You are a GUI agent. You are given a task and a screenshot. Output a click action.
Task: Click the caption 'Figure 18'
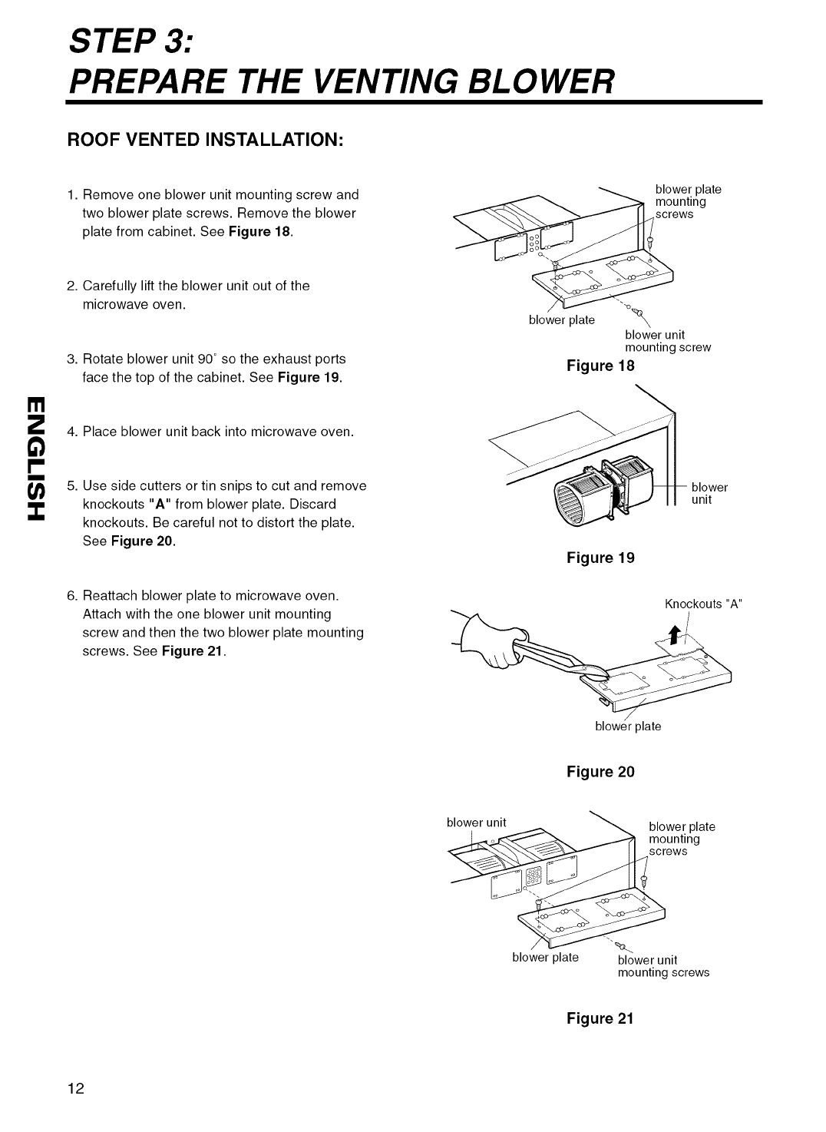[600, 366]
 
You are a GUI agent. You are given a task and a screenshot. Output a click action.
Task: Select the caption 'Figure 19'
[600, 558]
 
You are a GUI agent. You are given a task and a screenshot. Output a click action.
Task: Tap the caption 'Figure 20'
[600, 772]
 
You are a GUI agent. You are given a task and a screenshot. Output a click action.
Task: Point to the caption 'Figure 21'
[600, 1019]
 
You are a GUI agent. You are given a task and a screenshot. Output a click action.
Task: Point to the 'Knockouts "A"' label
[704, 604]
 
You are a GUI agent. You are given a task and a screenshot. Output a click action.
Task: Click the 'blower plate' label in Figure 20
[628, 727]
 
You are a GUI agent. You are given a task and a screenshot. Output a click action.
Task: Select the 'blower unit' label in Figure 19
[709, 493]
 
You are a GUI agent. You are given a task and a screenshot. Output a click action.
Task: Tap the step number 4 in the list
[71, 432]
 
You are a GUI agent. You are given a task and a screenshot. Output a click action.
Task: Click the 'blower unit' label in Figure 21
[476, 823]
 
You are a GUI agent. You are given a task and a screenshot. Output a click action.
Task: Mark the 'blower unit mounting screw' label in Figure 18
[667, 341]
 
